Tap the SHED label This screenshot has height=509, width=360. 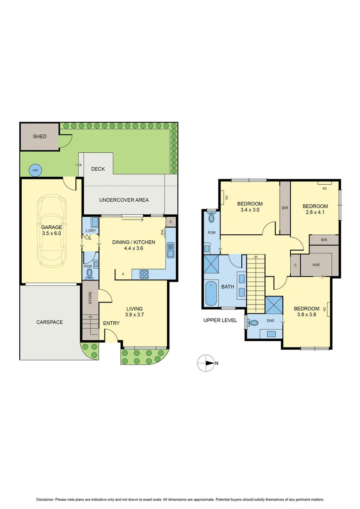[40, 137]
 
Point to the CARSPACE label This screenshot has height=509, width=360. [49, 322]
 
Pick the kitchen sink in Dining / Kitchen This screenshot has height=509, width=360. [170, 250]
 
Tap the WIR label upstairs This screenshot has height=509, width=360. [316, 265]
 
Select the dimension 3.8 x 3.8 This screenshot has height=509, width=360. [306, 316]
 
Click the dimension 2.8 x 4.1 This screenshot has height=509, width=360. [315, 213]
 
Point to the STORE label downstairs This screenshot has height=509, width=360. [90, 297]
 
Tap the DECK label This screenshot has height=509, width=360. [98, 169]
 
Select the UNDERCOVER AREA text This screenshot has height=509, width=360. [123, 200]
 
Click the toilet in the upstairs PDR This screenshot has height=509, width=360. [211, 217]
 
